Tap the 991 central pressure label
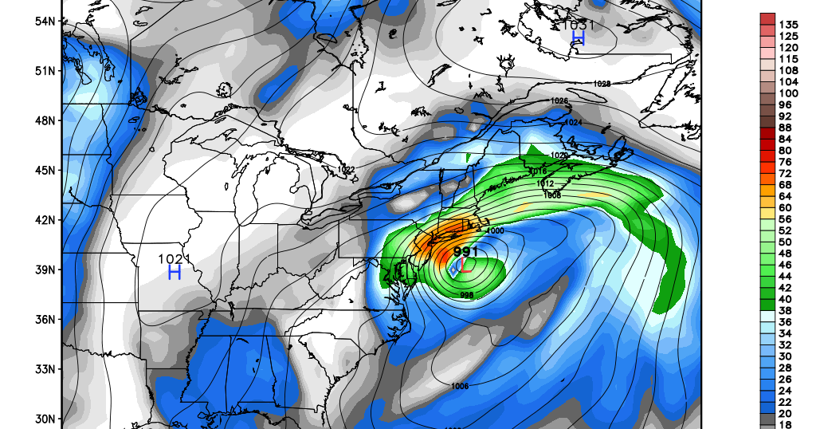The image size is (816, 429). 465,252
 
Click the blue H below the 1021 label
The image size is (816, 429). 175,273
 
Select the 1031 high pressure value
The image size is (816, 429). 579,25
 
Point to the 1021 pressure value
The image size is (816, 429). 174,258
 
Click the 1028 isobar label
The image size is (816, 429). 602,84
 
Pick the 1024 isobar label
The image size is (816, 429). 574,122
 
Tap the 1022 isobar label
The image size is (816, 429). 346,170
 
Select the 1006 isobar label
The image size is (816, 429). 459,386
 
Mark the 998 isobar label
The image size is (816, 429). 468,295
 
